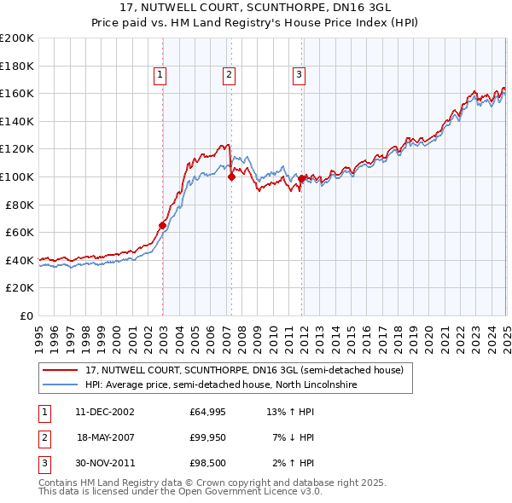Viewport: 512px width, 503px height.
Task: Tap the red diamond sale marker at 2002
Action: click(162, 226)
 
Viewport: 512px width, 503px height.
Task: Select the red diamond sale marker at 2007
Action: click(231, 177)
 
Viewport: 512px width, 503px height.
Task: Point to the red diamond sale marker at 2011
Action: click(302, 179)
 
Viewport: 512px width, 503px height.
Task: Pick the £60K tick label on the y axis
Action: click(20, 232)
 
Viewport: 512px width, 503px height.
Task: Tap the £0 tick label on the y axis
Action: click(26, 315)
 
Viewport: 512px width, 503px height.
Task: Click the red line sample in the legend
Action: click(60, 371)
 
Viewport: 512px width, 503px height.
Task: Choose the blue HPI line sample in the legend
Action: click(60, 385)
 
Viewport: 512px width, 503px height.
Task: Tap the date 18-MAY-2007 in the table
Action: click(105, 437)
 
